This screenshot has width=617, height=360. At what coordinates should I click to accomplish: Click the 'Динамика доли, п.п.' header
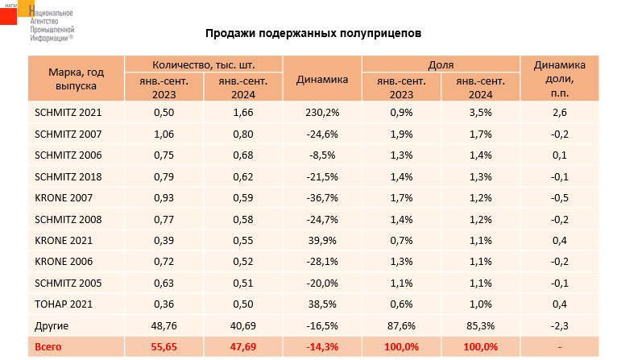(x=561, y=78)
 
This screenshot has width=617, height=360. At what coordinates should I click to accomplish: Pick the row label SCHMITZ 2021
(x=67, y=112)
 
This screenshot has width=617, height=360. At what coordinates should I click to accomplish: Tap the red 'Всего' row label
(x=48, y=347)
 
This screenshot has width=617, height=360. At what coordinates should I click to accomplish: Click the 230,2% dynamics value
(x=322, y=112)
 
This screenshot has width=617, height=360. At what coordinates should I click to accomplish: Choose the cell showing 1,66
(x=243, y=112)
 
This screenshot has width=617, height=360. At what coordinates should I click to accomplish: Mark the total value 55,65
(x=164, y=347)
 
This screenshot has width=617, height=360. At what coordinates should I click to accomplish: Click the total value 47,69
(x=243, y=347)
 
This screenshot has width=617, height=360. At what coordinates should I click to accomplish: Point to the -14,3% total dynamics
(x=322, y=347)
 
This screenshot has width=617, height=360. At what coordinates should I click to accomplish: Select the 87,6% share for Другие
(x=401, y=325)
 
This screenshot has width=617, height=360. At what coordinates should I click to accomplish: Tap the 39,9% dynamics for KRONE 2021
(x=322, y=240)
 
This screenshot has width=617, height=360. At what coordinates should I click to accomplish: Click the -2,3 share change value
(x=561, y=325)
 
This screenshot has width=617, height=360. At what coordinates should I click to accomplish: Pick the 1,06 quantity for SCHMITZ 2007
(x=164, y=134)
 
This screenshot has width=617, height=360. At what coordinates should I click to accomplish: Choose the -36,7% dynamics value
(x=322, y=197)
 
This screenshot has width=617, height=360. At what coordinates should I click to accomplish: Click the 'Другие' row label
(x=52, y=325)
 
